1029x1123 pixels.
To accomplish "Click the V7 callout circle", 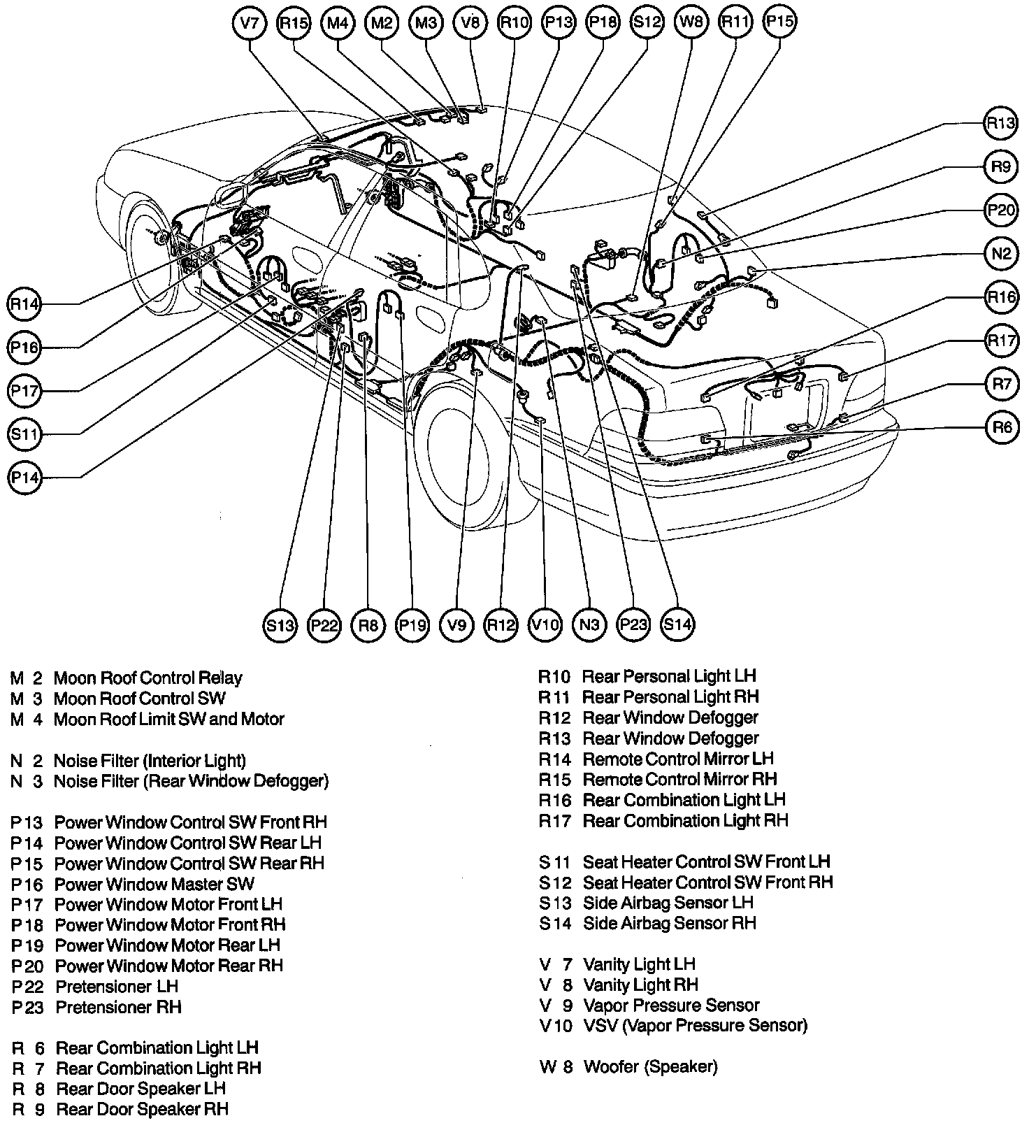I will [250, 22].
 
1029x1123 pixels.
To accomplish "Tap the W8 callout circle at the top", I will [691, 22].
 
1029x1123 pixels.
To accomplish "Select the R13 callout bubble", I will [1000, 124].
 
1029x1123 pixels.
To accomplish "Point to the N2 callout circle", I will [1000, 253].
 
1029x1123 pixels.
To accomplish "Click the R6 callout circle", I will [1001, 427].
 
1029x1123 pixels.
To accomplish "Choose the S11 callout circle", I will [26, 434].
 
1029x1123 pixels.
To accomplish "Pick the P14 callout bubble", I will [26, 478].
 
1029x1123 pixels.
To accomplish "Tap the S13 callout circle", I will [280, 624].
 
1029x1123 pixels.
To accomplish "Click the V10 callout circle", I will [545, 624].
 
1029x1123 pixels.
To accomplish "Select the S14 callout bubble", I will [677, 624].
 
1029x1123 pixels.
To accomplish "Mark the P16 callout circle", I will [26, 348].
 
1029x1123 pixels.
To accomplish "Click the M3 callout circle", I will [426, 22].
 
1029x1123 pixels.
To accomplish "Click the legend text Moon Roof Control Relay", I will [147, 678].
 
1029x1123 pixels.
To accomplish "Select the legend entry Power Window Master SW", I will [154, 884].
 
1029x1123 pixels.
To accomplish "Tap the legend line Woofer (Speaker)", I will [650, 1066].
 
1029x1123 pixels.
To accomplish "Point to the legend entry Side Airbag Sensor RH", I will [669, 923].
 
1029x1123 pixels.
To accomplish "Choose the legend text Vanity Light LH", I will [639, 964].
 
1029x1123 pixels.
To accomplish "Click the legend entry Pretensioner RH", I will [118, 1007].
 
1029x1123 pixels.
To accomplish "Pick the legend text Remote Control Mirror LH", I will [678, 759].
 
